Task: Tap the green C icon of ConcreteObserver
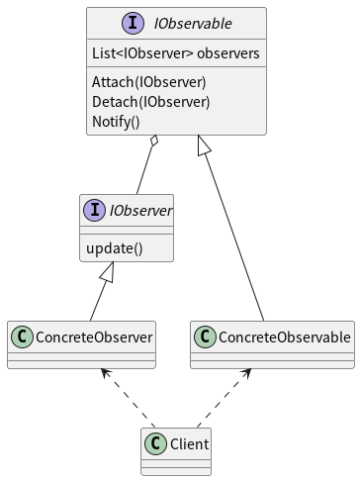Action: pos(23,337)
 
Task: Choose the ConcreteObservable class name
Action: pos(284,337)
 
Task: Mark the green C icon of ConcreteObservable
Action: pos(205,337)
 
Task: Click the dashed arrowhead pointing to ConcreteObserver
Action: pos(102,374)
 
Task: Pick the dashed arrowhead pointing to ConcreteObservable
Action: pos(247,374)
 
